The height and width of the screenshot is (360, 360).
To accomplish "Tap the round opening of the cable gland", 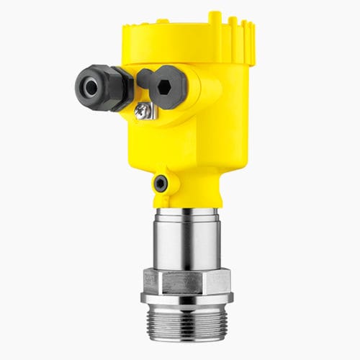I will tap(91, 87).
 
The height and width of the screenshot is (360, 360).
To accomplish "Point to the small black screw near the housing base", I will tap(161, 183).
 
